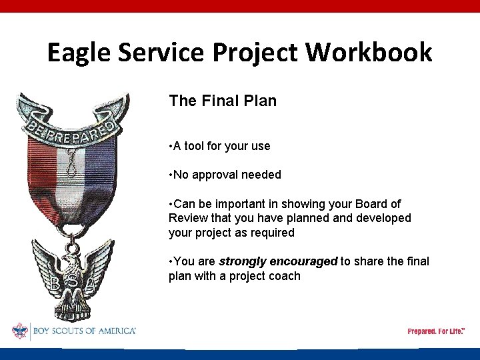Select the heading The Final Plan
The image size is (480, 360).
point(223,101)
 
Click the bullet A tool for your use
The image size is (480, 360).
point(219,145)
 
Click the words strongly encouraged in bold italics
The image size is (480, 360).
point(278,261)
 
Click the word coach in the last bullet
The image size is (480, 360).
point(285,276)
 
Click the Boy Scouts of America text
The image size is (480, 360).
point(84,331)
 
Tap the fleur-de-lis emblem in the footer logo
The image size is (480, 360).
point(19,331)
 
